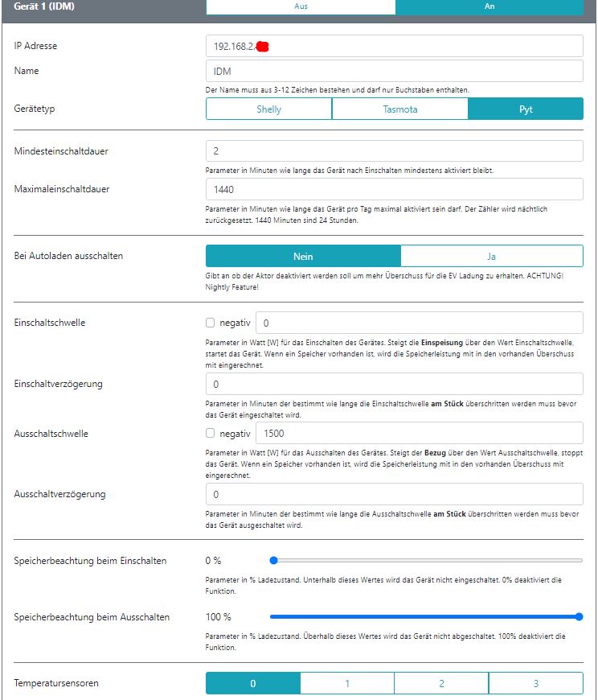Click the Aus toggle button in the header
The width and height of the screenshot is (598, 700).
pyautogui.click(x=301, y=6)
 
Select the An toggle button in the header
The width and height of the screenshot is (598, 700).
pyautogui.click(x=489, y=6)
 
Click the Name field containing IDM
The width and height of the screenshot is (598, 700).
pyautogui.click(x=394, y=71)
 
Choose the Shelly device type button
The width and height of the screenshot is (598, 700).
pyautogui.click(x=268, y=109)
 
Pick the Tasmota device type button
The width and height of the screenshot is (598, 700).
pyautogui.click(x=399, y=109)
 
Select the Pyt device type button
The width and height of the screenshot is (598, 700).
pyautogui.click(x=526, y=109)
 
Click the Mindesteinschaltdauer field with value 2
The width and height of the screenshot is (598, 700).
pyautogui.click(x=394, y=150)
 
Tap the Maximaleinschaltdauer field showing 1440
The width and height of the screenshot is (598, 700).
pyautogui.click(x=394, y=189)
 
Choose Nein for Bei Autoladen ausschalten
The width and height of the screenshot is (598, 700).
pyautogui.click(x=303, y=256)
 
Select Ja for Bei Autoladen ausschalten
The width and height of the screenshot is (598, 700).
pyautogui.click(x=491, y=256)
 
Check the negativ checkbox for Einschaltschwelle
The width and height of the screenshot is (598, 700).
pyautogui.click(x=211, y=323)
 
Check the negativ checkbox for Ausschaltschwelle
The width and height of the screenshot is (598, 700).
pyautogui.click(x=211, y=433)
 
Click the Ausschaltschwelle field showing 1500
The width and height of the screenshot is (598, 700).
pyautogui.click(x=419, y=433)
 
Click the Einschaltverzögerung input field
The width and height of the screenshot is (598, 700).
pyautogui.click(x=394, y=384)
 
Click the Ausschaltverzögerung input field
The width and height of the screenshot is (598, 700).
pyautogui.click(x=394, y=494)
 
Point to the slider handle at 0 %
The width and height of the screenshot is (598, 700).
pyautogui.click(x=273, y=560)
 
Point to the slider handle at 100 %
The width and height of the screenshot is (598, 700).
pyautogui.click(x=579, y=617)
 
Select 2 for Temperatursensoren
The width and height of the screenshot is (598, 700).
pyautogui.click(x=441, y=683)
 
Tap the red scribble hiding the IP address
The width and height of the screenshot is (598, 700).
pyautogui.click(x=261, y=47)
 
